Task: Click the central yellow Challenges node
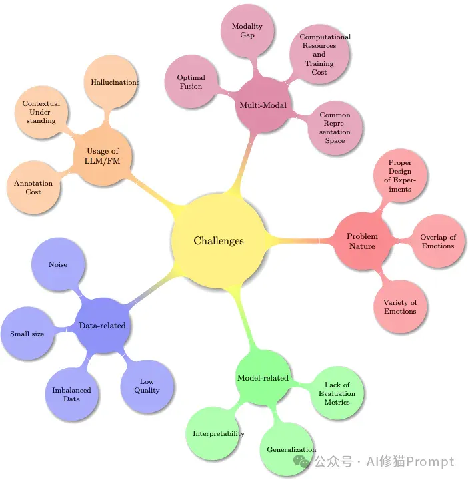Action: (x=218, y=240)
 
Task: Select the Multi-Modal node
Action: (x=263, y=105)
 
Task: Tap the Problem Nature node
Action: (x=362, y=241)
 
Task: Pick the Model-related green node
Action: (x=263, y=377)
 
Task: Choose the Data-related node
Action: (x=103, y=325)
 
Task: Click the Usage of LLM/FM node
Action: (x=103, y=156)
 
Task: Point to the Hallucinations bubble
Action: (x=111, y=82)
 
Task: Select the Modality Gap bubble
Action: (x=247, y=31)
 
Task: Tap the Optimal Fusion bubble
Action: (x=191, y=81)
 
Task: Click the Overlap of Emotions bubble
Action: (x=438, y=241)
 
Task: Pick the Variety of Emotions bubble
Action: (x=400, y=306)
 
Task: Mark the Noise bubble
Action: (x=58, y=264)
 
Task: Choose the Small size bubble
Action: (x=27, y=334)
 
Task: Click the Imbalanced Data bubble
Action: (x=72, y=394)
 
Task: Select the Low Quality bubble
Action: (x=147, y=386)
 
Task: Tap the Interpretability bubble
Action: (x=213, y=433)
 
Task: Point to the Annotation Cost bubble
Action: (x=33, y=187)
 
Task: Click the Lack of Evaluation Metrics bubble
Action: (x=337, y=393)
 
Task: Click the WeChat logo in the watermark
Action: (x=301, y=461)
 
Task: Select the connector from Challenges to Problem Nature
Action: (x=299, y=241)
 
